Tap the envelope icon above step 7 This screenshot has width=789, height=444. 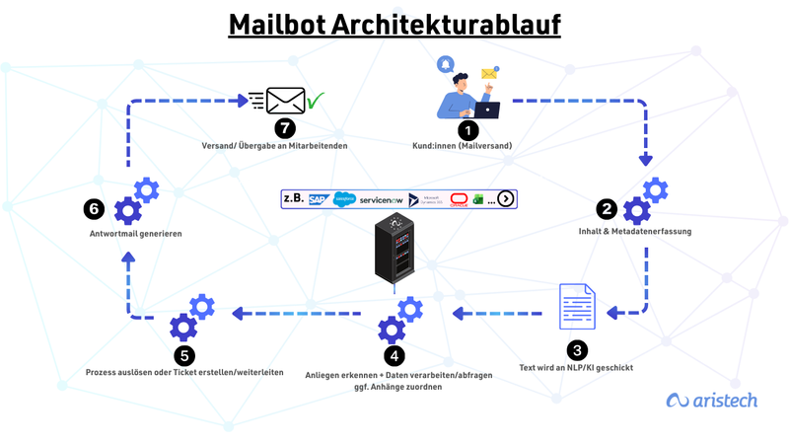click(286, 101)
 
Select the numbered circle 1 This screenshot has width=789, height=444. click(467, 128)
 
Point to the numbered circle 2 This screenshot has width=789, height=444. click(608, 209)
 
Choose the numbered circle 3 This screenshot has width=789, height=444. click(577, 349)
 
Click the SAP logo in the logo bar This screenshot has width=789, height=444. click(317, 198)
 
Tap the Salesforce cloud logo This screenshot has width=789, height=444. click(343, 198)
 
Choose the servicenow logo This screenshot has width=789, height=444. click(381, 198)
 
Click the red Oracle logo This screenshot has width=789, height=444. click(459, 198)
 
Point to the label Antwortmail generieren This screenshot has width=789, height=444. click(126, 235)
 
